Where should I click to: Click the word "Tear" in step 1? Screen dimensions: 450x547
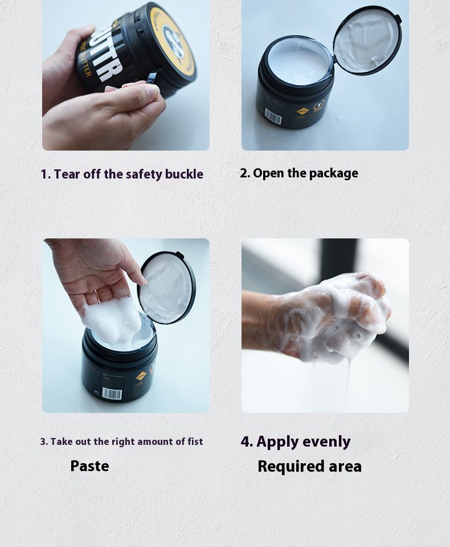67,174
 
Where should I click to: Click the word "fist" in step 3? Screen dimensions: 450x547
195,441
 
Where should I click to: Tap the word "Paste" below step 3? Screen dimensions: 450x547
90,466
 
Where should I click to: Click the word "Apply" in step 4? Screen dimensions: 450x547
277,442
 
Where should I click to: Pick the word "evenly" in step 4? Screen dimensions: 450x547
326,442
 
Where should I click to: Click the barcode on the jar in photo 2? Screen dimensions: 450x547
273,116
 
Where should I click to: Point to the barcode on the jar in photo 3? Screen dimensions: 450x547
112,394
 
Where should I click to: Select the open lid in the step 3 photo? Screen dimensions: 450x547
166,287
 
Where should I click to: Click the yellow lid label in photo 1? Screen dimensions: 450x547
173,38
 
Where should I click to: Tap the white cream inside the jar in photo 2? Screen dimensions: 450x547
300,62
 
